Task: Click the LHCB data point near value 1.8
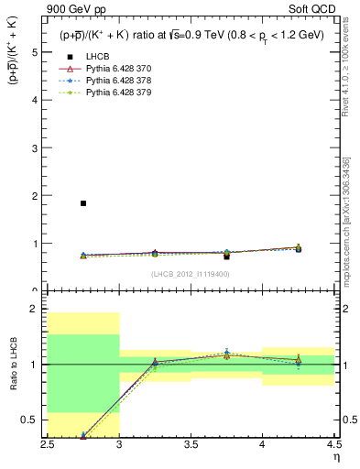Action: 83,203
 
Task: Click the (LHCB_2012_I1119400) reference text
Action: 191,273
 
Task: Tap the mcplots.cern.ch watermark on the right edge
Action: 352,229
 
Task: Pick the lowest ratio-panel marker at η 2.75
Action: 83,436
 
